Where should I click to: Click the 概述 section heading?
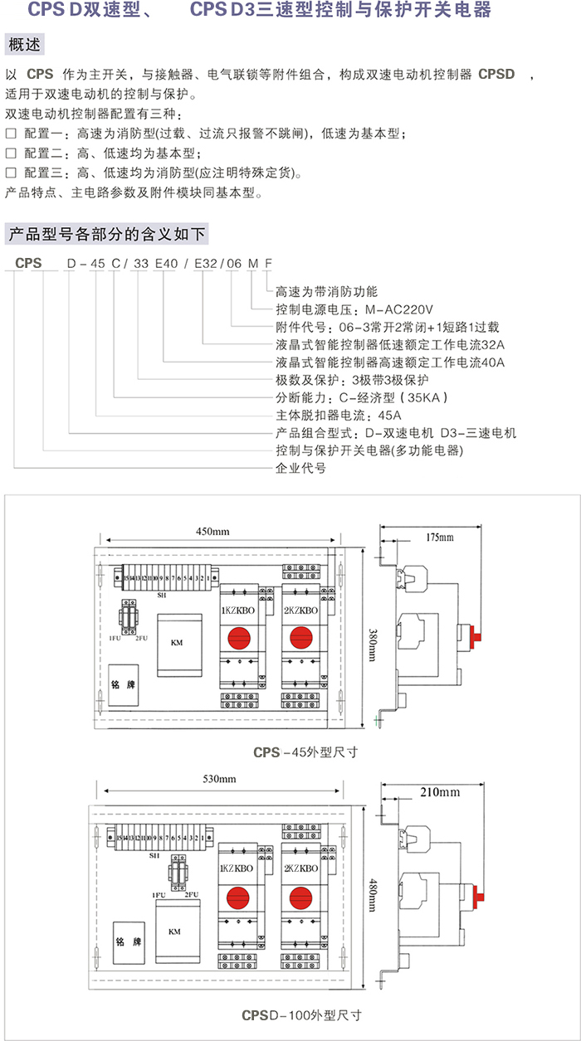click(x=23, y=44)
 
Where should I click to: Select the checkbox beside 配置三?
click(x=12, y=173)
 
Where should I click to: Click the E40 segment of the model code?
click(x=166, y=263)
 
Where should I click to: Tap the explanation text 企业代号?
click(x=300, y=468)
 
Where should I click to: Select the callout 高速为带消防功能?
click(x=326, y=291)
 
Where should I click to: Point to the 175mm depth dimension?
click(x=439, y=538)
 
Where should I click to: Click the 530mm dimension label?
click(x=219, y=779)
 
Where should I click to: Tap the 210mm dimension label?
click(x=440, y=792)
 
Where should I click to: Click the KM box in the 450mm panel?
click(x=176, y=643)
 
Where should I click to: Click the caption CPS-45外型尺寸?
click(x=305, y=753)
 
